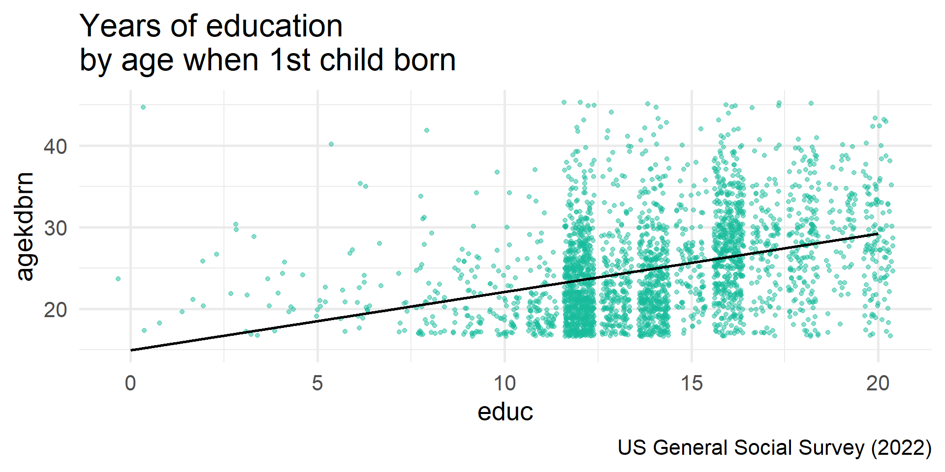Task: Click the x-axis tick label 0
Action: click(x=130, y=383)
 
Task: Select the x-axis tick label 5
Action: click(x=317, y=383)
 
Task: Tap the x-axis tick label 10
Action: click(x=504, y=383)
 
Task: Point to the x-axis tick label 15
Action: click(x=692, y=383)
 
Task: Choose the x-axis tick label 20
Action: click(x=878, y=383)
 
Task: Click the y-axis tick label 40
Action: click(x=56, y=147)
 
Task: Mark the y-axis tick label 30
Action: click(x=56, y=228)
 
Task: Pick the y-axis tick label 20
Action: click(x=56, y=310)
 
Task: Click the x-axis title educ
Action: click(x=505, y=412)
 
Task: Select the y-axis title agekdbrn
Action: click(x=25, y=227)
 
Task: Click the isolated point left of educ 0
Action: click(x=118, y=279)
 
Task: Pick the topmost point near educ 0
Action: click(x=143, y=107)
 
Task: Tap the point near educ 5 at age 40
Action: click(x=331, y=144)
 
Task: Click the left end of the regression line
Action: click(x=131, y=350)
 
